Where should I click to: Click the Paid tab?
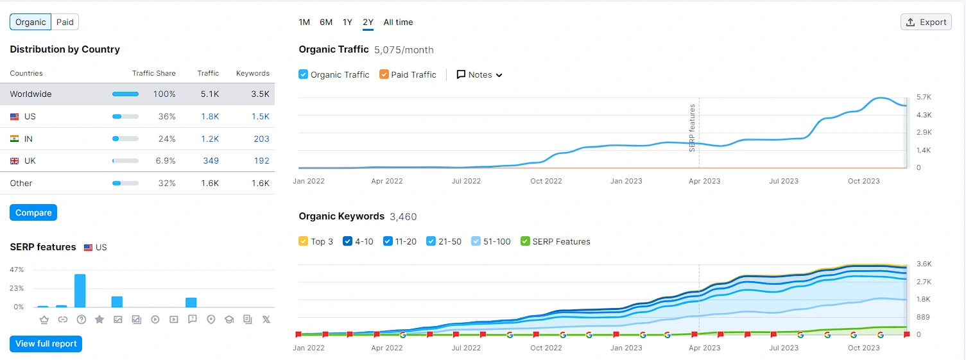(x=65, y=22)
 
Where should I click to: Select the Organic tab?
(x=31, y=22)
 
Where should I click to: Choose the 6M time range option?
(x=326, y=22)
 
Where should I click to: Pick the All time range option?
(x=398, y=22)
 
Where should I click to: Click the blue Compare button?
(x=33, y=212)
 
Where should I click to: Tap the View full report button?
(x=46, y=343)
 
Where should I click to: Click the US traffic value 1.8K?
(x=210, y=116)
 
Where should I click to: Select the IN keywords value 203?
(x=261, y=139)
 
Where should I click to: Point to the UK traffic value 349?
(x=211, y=160)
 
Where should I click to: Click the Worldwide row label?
(x=31, y=94)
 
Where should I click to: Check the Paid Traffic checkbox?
(x=384, y=74)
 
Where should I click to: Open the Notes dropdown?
(x=479, y=74)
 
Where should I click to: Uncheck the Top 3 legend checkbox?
(x=304, y=241)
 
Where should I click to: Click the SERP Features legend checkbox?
(x=526, y=241)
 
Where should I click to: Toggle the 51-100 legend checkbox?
(x=476, y=241)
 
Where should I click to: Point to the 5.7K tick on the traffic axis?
(x=924, y=97)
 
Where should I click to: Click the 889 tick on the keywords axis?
(x=924, y=317)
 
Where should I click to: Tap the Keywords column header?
(x=253, y=73)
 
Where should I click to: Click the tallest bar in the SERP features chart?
(x=80, y=291)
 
